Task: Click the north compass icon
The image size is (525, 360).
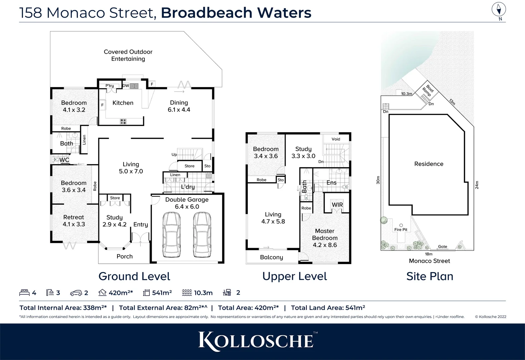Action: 499,10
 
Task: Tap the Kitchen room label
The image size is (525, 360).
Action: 123,103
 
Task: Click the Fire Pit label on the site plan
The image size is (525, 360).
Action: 401,230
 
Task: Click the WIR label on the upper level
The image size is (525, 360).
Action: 337,205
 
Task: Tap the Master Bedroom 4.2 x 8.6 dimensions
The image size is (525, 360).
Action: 325,245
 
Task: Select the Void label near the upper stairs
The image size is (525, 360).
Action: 336,139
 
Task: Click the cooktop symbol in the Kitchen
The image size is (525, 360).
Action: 123,122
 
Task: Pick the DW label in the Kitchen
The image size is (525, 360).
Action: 126,86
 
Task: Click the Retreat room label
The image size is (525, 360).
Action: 74,217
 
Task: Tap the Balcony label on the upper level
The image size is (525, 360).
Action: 272,257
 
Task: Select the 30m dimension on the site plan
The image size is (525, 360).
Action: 378,180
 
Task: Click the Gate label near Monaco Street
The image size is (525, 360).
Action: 443,247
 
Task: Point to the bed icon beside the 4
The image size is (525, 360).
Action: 24,293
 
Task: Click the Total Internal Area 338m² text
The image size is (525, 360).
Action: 63,308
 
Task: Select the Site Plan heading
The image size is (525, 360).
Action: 430,276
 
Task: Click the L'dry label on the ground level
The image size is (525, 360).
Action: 188,187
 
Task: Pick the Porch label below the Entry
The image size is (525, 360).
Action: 124,256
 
